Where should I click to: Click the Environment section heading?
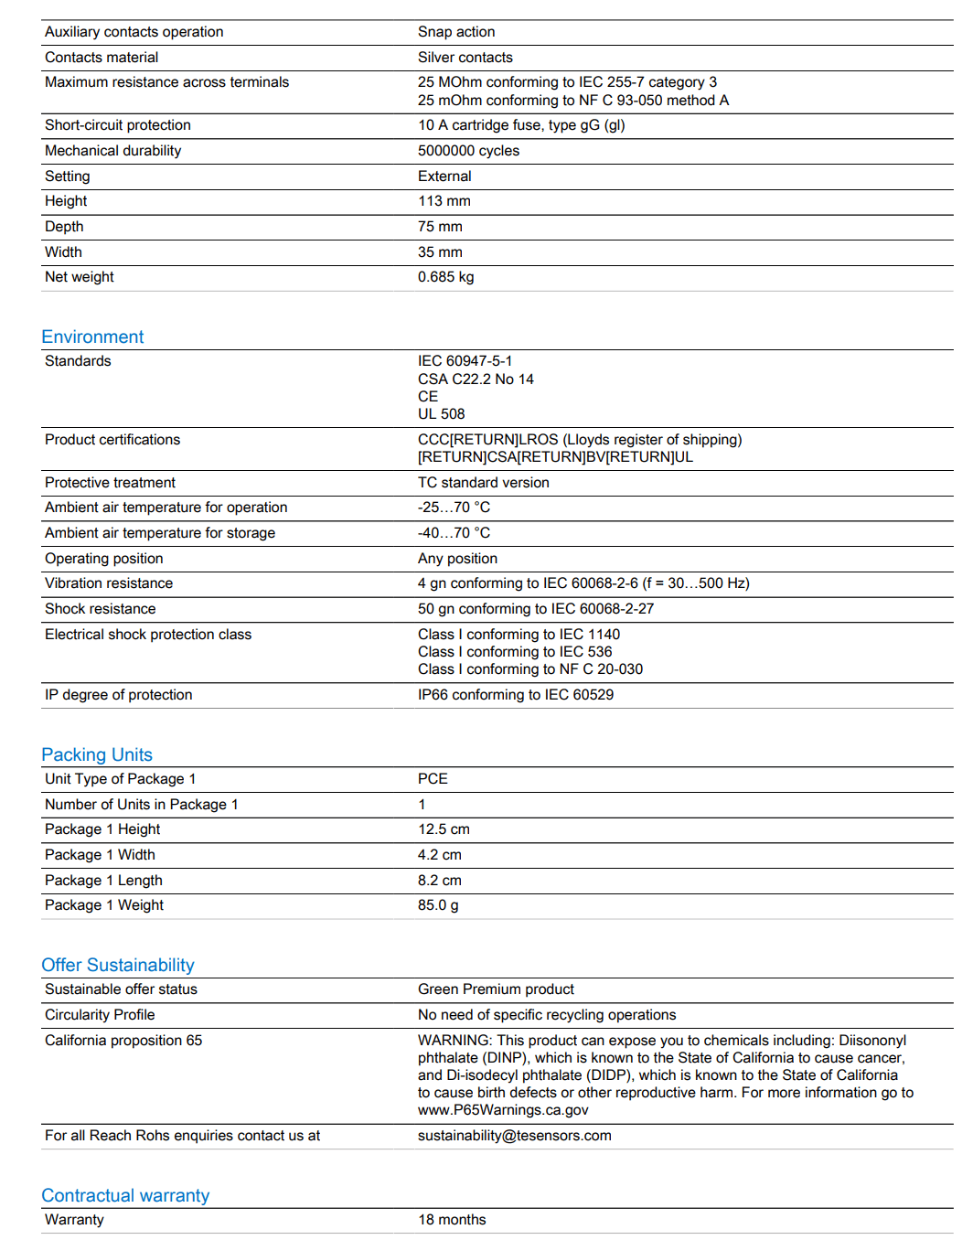click(x=92, y=337)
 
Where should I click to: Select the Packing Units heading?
click(x=97, y=754)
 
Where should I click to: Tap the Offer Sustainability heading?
click(x=118, y=965)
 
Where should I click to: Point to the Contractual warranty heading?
click(x=125, y=1195)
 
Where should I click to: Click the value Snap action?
click(x=456, y=32)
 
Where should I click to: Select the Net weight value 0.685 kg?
click(x=445, y=277)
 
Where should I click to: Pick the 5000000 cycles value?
click(x=468, y=151)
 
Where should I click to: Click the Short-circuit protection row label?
click(x=118, y=125)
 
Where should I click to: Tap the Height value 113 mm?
click(x=444, y=201)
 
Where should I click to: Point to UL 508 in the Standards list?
click(x=441, y=414)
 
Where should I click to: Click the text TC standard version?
click(x=483, y=483)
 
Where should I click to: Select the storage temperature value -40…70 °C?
click(x=454, y=533)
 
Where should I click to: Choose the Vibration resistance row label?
click(x=109, y=583)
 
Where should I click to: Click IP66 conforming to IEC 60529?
click(x=516, y=695)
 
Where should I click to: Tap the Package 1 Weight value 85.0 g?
click(x=438, y=905)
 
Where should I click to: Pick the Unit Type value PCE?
click(x=433, y=779)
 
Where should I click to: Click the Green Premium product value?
click(x=496, y=989)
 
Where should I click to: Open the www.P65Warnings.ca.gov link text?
click(x=503, y=1110)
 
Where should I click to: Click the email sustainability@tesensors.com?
click(x=514, y=1136)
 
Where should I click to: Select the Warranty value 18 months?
click(x=452, y=1220)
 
